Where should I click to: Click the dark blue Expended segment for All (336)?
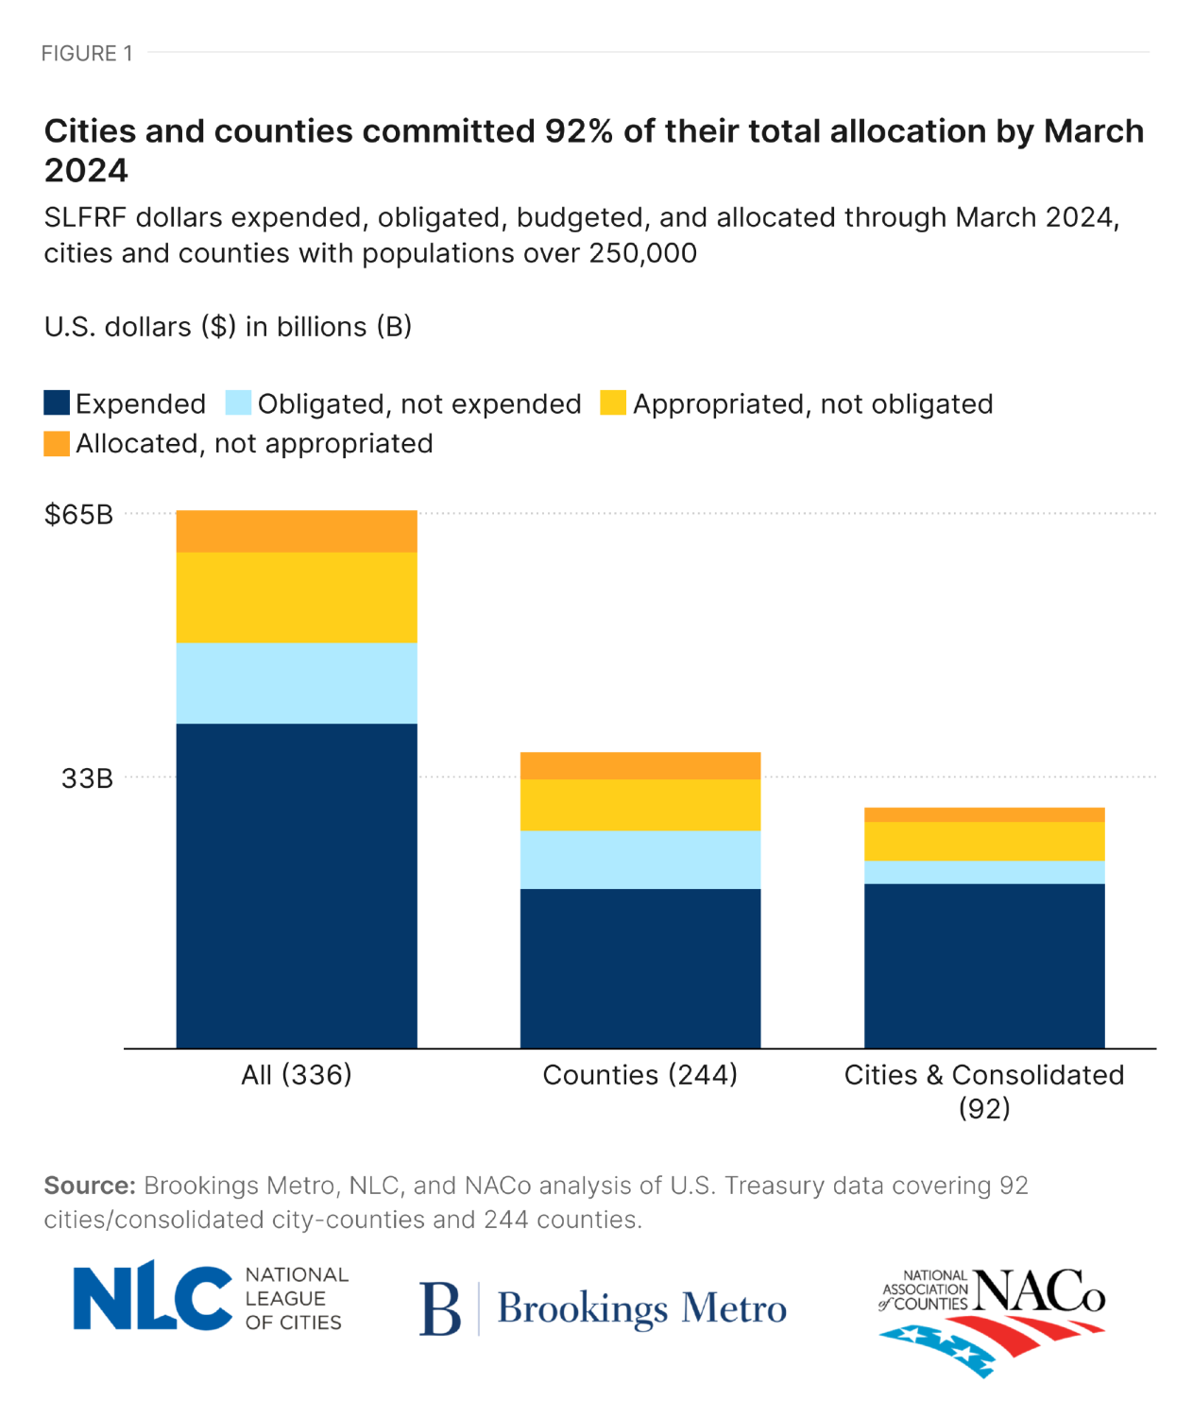tap(297, 885)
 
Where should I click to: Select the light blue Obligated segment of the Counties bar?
tap(639, 860)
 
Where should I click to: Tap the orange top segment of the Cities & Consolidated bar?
tap(984, 815)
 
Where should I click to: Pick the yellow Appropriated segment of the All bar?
tap(297, 597)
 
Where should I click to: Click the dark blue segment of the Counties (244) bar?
tap(639, 968)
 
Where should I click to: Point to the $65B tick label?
tap(79, 515)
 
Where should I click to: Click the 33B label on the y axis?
tap(87, 778)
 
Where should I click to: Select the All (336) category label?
tap(297, 1075)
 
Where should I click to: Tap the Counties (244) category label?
tap(639, 1075)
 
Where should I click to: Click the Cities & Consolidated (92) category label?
tap(984, 1090)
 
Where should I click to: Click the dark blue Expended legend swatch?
tap(57, 403)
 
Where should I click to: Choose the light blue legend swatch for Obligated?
tap(238, 403)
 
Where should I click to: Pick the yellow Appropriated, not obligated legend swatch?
tap(613, 403)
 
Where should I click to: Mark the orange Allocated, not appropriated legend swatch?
tap(57, 443)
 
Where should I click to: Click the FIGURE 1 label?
tap(87, 54)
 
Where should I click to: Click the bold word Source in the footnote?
tap(90, 1186)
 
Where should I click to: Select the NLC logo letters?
tap(152, 1297)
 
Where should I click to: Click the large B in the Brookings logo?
tap(440, 1308)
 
